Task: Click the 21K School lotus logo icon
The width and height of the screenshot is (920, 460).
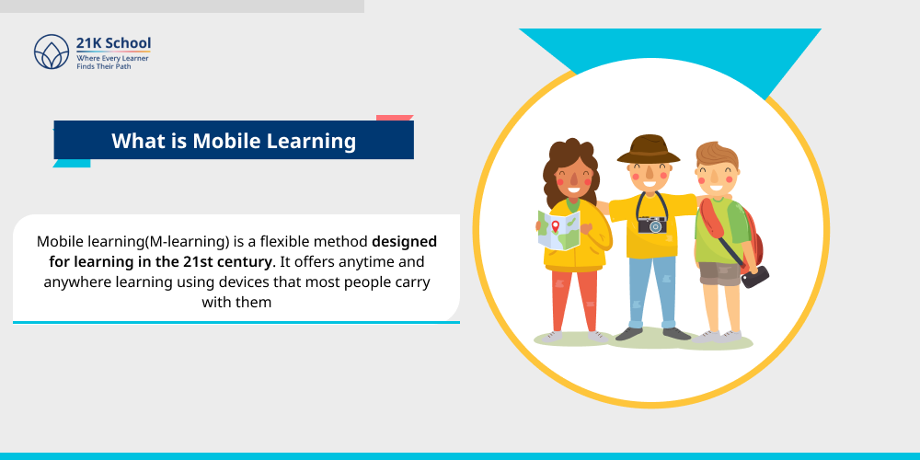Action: (x=52, y=52)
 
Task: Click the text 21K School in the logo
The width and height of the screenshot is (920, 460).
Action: (x=114, y=43)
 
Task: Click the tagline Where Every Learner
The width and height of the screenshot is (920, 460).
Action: (x=112, y=58)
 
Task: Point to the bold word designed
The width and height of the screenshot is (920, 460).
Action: (x=404, y=241)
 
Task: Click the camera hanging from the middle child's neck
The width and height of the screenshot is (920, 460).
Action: (x=651, y=224)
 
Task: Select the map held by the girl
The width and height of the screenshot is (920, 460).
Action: (x=558, y=230)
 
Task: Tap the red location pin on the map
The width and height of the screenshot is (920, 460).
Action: (x=555, y=225)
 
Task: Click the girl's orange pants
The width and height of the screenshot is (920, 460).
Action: (x=573, y=299)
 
